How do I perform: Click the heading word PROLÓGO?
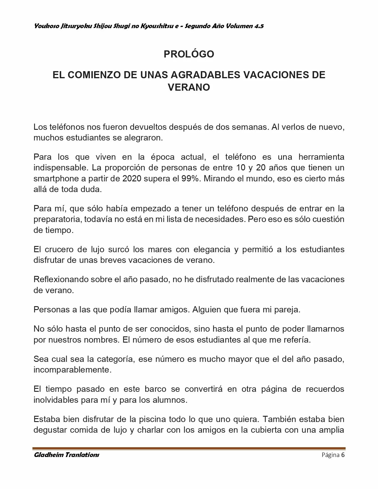pos(189,54)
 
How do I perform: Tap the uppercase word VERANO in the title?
pos(189,87)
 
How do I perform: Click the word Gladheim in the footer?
pos(47,455)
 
